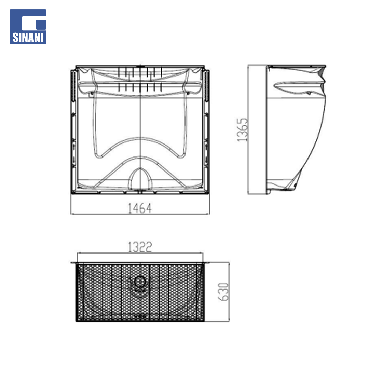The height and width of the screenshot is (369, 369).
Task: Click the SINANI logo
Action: [x=28, y=27]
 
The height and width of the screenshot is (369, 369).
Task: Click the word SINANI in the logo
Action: [x=28, y=38]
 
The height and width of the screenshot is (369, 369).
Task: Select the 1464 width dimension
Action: [x=140, y=208]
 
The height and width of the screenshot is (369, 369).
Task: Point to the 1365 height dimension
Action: [x=242, y=130]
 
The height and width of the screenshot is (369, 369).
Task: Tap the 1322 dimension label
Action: [x=140, y=247]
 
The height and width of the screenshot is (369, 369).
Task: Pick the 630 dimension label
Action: [x=223, y=292]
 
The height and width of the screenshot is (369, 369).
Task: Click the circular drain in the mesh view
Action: [x=140, y=282]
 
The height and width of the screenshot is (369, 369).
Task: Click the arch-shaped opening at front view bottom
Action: [x=140, y=178]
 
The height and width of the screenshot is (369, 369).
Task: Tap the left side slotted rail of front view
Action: [x=73, y=86]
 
